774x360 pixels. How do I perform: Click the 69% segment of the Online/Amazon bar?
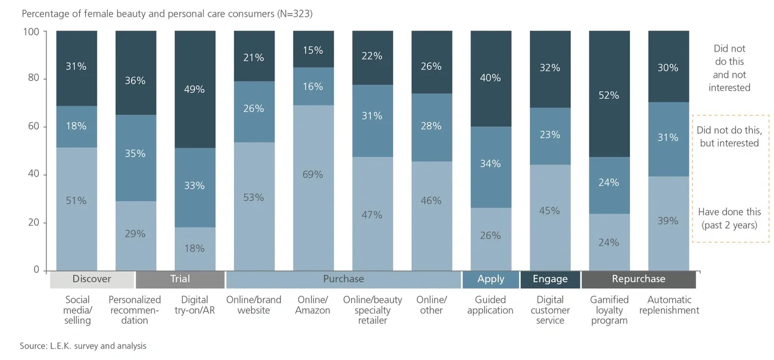(x=313, y=174)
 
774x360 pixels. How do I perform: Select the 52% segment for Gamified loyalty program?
(x=609, y=95)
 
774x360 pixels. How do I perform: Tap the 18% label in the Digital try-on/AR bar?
(x=195, y=248)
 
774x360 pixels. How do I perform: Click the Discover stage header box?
(x=92, y=279)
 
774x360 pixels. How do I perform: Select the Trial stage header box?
(x=180, y=279)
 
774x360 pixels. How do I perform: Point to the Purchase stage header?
(x=343, y=279)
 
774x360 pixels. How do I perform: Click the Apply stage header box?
(x=490, y=279)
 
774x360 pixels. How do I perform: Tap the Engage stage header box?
(x=550, y=279)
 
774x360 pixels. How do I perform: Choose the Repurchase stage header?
(x=638, y=279)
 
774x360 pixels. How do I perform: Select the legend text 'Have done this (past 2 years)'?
(x=729, y=218)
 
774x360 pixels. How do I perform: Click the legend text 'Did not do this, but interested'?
(x=729, y=136)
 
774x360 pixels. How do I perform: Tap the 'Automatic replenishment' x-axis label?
(x=669, y=305)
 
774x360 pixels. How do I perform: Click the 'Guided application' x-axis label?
(x=490, y=305)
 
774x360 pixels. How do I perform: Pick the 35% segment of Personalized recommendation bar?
(x=135, y=154)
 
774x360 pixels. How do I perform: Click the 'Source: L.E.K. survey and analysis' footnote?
(x=83, y=346)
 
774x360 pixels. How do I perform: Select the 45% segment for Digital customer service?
(x=550, y=211)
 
